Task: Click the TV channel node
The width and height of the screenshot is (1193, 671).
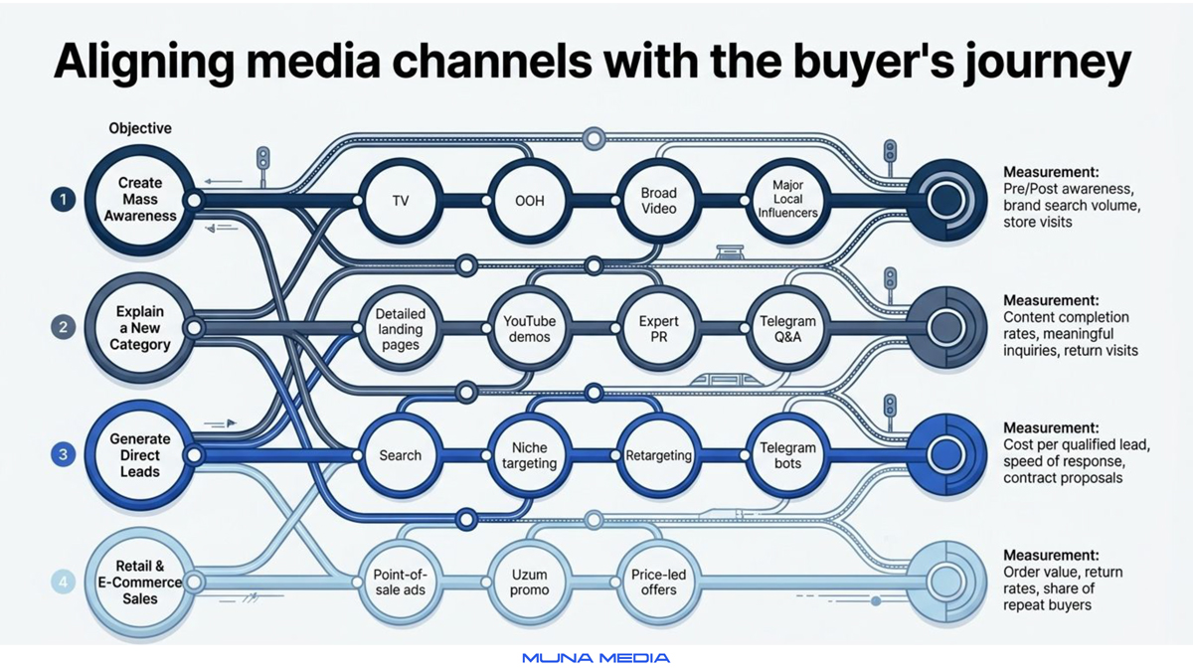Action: coord(401,201)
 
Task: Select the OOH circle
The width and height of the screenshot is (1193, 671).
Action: coord(529,201)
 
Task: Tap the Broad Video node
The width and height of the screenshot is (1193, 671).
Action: coord(659,201)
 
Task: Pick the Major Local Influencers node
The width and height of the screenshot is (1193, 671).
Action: coord(787,201)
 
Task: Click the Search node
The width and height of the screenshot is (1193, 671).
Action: coord(401,455)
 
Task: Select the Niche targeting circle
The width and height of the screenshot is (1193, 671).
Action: coord(529,455)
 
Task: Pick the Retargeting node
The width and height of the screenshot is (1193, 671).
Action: coord(659,455)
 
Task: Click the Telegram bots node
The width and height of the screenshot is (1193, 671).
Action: coord(787,455)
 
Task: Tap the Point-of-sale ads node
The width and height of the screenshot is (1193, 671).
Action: coord(401,583)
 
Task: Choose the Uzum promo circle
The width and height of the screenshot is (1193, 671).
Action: coord(529,583)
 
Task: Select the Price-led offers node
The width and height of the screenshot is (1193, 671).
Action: coord(659,583)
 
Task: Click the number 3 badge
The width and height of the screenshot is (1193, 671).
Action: coord(63,455)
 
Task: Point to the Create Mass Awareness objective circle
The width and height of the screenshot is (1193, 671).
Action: coord(140,200)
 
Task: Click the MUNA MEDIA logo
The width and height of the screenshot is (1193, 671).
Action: coord(596,658)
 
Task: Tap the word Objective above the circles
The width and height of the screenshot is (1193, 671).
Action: coord(140,128)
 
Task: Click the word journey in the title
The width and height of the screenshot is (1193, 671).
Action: coord(1047,64)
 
